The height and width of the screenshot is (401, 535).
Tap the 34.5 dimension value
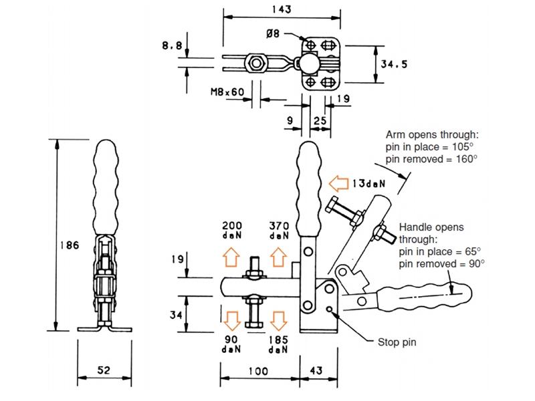point(394,64)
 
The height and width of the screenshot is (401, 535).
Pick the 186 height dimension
point(68,245)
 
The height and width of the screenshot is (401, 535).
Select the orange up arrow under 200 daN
point(231,256)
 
